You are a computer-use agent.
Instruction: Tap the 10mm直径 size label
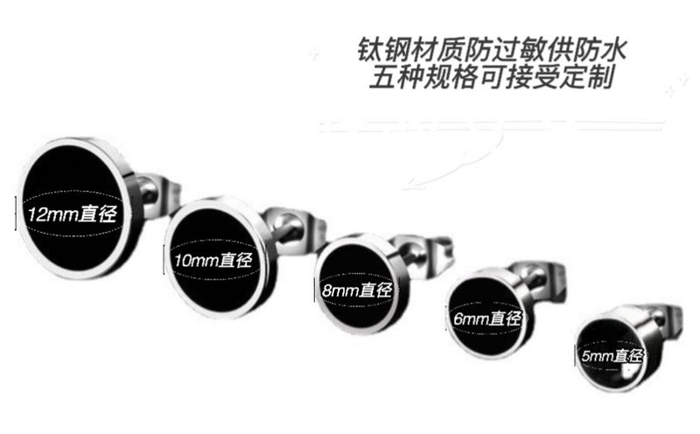pos(211,260)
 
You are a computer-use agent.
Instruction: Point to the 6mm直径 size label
pos(488,318)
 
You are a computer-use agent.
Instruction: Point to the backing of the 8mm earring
pos(419,253)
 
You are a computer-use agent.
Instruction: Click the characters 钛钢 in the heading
pos(380,46)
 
